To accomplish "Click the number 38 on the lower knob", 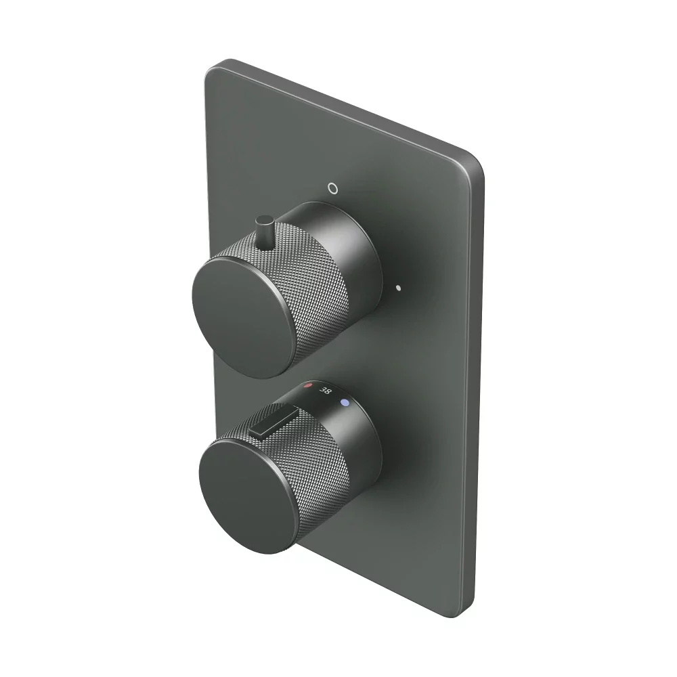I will coord(326,391).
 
